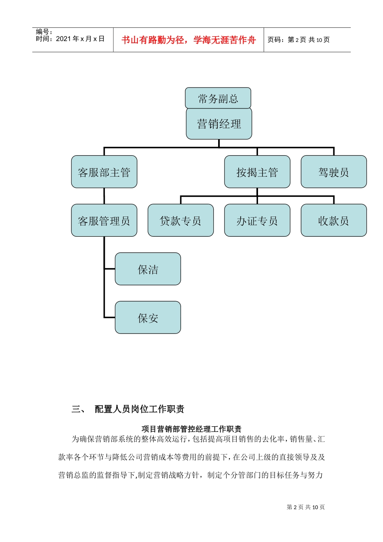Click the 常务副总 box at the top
(x=218, y=98)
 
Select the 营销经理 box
(x=219, y=124)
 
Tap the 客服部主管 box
(x=104, y=172)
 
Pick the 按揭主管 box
(x=257, y=172)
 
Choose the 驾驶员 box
(x=333, y=172)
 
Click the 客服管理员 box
(x=104, y=221)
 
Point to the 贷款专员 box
(x=181, y=221)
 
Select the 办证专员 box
(x=257, y=221)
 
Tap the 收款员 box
(x=333, y=221)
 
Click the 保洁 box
(x=148, y=269)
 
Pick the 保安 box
(x=148, y=318)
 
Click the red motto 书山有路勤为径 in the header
(x=189, y=40)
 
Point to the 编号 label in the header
(x=44, y=31)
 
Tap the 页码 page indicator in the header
(x=299, y=40)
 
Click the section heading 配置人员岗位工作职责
(x=139, y=409)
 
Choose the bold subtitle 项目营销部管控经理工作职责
(x=191, y=429)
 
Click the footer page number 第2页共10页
(x=306, y=507)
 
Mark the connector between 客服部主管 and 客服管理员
(x=104, y=196)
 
